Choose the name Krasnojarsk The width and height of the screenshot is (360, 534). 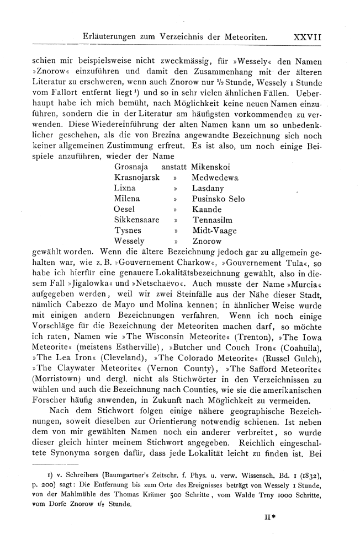pyautogui.click(x=136, y=178)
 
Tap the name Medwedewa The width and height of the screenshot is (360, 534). pyautogui.click(x=215, y=178)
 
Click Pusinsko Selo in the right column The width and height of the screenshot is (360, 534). pyautogui.click(x=219, y=199)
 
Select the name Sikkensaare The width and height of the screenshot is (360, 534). pyautogui.click(x=136, y=220)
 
